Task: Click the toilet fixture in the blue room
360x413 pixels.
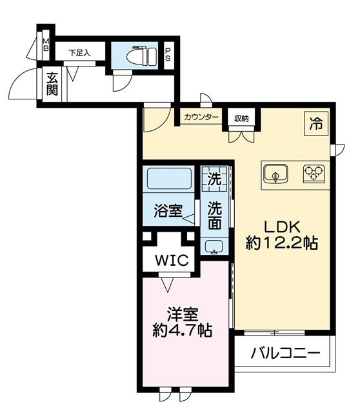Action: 143,56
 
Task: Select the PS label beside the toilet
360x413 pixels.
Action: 168,56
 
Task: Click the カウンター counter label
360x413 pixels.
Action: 201,117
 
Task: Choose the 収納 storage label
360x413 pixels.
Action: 242,117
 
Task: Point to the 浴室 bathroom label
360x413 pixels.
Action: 167,211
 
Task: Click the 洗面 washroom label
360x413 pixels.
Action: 215,216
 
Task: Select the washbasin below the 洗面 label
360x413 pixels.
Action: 215,245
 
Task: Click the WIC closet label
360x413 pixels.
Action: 170,260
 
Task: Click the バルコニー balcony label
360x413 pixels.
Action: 285,354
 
